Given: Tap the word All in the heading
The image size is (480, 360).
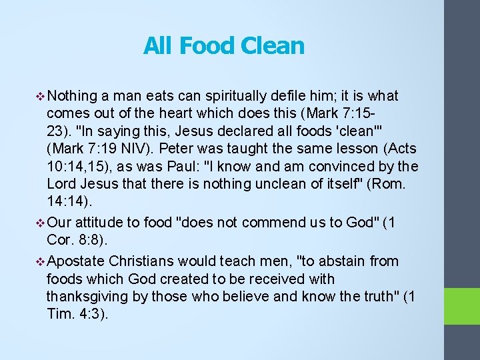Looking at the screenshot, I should point(157,46).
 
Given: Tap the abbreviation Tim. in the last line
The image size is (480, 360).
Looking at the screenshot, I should point(61,313).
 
